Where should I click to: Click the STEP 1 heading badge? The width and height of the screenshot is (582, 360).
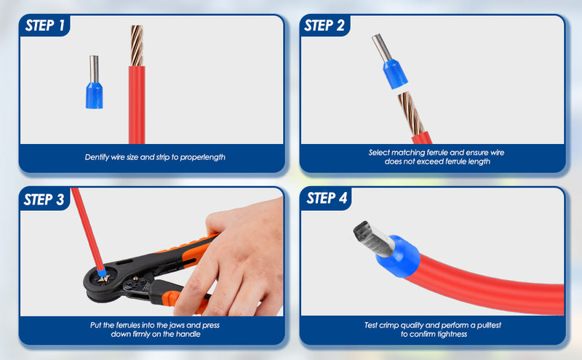pyautogui.click(x=46, y=27)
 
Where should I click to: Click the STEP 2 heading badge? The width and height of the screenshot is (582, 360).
pyautogui.click(x=324, y=26)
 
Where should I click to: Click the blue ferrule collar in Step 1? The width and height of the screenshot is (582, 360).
pyautogui.click(x=95, y=95)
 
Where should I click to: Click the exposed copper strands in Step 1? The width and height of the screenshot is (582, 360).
pyautogui.click(x=136, y=46)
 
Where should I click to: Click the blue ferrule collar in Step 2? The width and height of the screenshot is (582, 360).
pyautogui.click(x=394, y=76)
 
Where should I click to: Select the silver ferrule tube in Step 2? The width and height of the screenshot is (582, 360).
pyautogui.click(x=381, y=47)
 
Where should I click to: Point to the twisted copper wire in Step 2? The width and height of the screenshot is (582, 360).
pyautogui.click(x=409, y=113)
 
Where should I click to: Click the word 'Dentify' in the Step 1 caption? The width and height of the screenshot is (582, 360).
pyautogui.click(x=98, y=157)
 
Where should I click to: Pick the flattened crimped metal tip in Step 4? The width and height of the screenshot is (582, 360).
pyautogui.click(x=371, y=237)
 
